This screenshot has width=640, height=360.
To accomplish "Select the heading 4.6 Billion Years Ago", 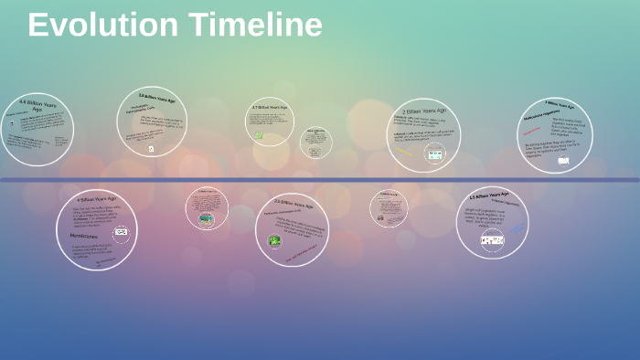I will click(37, 107).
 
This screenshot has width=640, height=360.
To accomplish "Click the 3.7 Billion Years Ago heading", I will click(270, 108).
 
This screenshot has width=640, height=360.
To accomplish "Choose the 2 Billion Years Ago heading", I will click(424, 111).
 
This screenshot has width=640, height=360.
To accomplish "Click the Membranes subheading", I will click(84, 235).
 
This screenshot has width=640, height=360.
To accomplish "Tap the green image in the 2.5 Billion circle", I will click(274, 241).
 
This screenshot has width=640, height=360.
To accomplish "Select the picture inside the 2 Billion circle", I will click(435, 155).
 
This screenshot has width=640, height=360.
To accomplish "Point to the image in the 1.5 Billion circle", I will click(492, 239).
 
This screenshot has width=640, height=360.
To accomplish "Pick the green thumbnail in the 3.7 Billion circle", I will click(259, 135).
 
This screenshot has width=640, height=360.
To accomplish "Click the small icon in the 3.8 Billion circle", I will click(151, 149).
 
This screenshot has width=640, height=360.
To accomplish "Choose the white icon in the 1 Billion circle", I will click(563, 161).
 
